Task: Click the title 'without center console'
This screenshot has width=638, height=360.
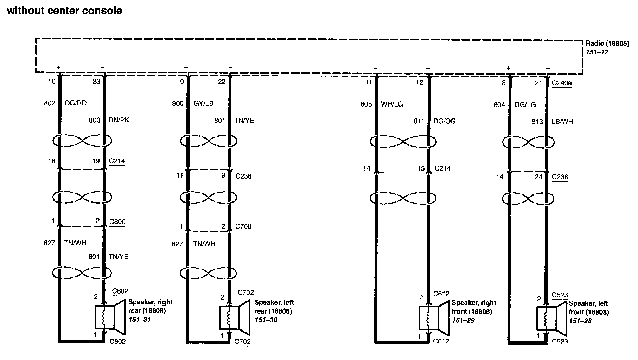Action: [64, 11]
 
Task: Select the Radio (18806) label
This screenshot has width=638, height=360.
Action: [607, 44]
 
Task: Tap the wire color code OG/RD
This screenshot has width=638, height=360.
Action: [75, 103]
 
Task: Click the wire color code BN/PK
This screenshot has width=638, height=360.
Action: [119, 120]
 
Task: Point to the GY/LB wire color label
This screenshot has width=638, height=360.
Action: [203, 103]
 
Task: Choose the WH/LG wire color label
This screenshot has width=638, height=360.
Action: [392, 104]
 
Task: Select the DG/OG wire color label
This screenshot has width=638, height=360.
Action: [445, 121]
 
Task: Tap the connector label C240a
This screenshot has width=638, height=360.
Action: [562, 83]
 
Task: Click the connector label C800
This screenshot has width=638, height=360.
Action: [117, 222]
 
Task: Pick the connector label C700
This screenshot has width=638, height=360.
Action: [243, 226]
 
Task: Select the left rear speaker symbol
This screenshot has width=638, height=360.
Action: [235, 317]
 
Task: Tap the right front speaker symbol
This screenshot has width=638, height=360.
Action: [434, 318]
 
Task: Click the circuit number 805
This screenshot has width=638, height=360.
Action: [366, 104]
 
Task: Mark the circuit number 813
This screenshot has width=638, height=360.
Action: [537, 122]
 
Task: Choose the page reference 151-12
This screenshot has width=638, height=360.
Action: [597, 52]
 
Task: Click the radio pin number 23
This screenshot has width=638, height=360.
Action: [96, 82]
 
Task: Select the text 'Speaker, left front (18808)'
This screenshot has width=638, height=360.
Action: [589, 308]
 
